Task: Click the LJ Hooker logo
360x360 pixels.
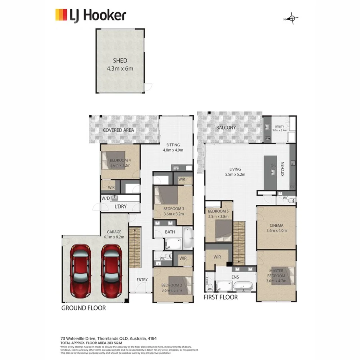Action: tap(90, 15)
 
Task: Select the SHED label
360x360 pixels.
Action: tap(120, 61)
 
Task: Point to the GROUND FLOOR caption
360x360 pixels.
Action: tap(83, 308)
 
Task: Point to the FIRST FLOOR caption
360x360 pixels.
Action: tap(220, 297)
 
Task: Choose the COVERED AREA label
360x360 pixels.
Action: tap(118, 130)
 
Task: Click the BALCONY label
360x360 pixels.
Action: tap(226, 128)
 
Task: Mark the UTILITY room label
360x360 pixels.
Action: tap(279, 126)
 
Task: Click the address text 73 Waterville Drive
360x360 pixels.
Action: tap(83, 338)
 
